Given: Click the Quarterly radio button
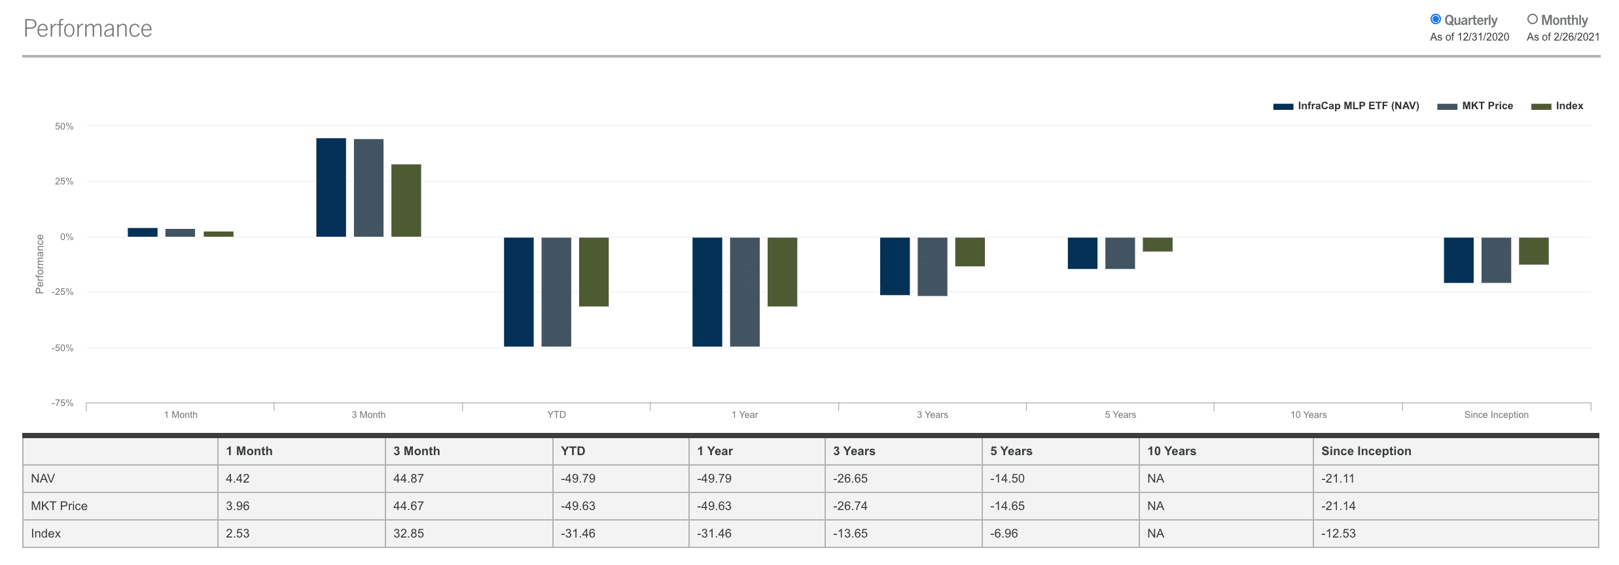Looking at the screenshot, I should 1436,20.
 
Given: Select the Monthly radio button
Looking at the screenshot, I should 1533,20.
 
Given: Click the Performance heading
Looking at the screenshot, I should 88,29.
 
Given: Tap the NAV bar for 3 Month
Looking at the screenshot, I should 331,188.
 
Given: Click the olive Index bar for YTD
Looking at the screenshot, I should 594,272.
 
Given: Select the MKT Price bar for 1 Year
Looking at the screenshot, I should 745,292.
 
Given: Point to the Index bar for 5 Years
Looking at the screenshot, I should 1158,245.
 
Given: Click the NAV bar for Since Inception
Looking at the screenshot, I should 1459,260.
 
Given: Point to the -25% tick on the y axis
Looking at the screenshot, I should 63,292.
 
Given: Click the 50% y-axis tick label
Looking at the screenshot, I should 64,126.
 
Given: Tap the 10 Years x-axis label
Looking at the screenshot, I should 1308,415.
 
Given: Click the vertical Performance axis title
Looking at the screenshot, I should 39,264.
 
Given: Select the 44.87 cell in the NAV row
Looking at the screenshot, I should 408,479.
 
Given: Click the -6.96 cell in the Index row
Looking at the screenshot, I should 1004,534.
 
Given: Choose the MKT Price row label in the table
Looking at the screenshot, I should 59,506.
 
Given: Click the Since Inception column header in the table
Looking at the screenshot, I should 1366,451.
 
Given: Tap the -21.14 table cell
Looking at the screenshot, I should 1338,506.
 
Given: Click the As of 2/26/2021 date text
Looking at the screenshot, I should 1563,37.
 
